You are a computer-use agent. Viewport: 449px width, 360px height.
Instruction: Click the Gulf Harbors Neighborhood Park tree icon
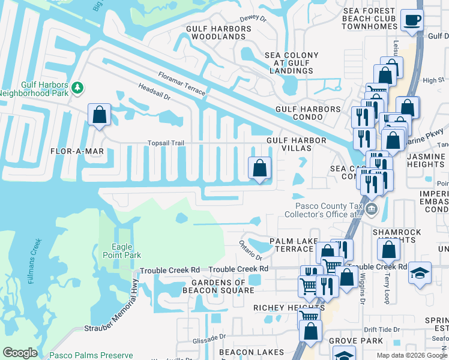pyautogui.click(x=77, y=88)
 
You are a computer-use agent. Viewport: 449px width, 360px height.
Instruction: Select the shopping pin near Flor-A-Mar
pyautogui.click(x=99, y=114)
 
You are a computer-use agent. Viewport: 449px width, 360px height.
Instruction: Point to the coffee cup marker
pyautogui.click(x=412, y=20)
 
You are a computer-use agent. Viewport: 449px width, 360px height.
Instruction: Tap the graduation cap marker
pyautogui.click(x=419, y=272)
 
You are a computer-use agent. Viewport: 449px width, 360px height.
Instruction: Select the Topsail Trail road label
pyautogui.click(x=166, y=143)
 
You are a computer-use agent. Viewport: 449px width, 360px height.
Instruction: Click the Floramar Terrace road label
pyautogui.click(x=182, y=84)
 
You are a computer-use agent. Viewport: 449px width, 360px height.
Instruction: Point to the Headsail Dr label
pyautogui.click(x=155, y=95)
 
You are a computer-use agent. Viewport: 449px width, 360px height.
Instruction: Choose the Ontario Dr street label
pyautogui.click(x=251, y=249)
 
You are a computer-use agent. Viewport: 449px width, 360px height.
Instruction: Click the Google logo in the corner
pyautogui.click(x=20, y=353)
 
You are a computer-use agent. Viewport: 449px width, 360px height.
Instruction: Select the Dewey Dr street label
pyautogui.click(x=253, y=19)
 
